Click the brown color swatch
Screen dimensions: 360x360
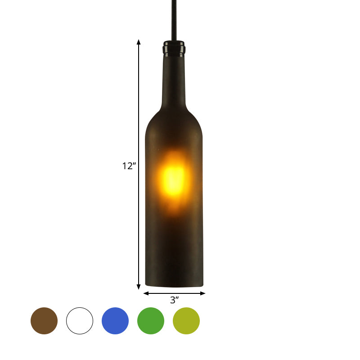(44, 321)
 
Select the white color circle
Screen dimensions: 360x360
(80, 321)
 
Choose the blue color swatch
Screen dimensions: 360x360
(115, 321)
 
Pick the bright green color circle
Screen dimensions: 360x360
(151, 321)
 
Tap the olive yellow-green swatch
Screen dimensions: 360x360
(186, 321)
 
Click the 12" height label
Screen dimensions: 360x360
(129, 166)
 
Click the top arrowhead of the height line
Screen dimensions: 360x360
(139, 42)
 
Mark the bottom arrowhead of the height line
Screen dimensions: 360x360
(139, 286)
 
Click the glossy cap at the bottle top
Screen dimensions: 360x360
(174, 47)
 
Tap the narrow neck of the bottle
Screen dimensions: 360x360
(174, 81)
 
